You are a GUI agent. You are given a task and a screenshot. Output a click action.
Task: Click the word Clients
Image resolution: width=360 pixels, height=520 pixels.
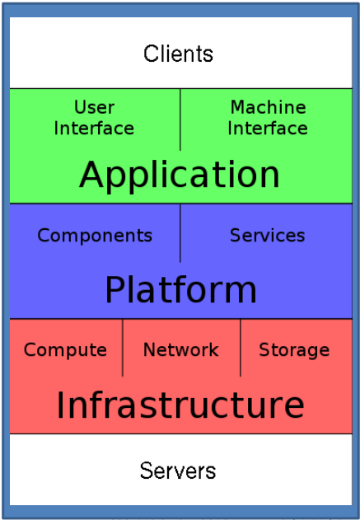click(x=178, y=54)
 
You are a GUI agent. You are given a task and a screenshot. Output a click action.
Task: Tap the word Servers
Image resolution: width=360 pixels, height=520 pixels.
click(x=178, y=471)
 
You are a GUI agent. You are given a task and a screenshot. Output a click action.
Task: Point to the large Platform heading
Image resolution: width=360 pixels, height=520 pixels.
click(x=180, y=289)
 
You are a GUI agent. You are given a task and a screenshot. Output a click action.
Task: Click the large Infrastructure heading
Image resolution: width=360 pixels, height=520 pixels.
click(x=180, y=405)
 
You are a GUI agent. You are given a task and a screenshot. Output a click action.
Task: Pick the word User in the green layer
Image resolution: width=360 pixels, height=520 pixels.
click(x=95, y=107)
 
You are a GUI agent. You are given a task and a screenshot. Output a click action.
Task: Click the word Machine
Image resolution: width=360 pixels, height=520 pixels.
click(x=268, y=107)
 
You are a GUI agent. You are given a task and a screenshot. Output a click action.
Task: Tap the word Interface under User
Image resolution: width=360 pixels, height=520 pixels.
click(x=94, y=128)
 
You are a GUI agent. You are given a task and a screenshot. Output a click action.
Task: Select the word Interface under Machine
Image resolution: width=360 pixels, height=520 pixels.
click(x=268, y=128)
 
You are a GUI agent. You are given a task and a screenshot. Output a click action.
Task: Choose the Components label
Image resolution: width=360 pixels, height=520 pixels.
click(x=95, y=236)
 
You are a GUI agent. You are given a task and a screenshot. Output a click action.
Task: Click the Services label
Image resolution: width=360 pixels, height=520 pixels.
click(x=267, y=235)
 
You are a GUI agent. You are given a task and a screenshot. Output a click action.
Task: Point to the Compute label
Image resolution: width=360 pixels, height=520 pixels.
click(x=65, y=350)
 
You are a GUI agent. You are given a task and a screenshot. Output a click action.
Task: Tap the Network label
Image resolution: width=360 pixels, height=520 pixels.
click(x=181, y=349)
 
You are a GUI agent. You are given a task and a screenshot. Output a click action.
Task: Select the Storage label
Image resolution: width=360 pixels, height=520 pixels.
click(x=294, y=350)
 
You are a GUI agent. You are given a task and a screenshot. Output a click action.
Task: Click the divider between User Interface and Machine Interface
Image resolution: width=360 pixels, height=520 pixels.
click(x=180, y=119)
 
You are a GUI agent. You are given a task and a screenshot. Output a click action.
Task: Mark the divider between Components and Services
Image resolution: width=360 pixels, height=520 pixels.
click(x=180, y=233)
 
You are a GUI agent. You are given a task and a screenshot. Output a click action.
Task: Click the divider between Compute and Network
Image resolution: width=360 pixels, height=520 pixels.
click(x=123, y=348)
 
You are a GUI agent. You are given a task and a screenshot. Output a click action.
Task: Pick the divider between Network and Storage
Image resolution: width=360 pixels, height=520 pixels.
click(x=241, y=348)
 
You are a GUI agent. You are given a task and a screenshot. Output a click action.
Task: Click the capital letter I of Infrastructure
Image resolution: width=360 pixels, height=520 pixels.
click(x=60, y=405)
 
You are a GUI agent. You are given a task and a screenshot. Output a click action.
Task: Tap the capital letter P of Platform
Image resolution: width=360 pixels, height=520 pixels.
click(x=115, y=289)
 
